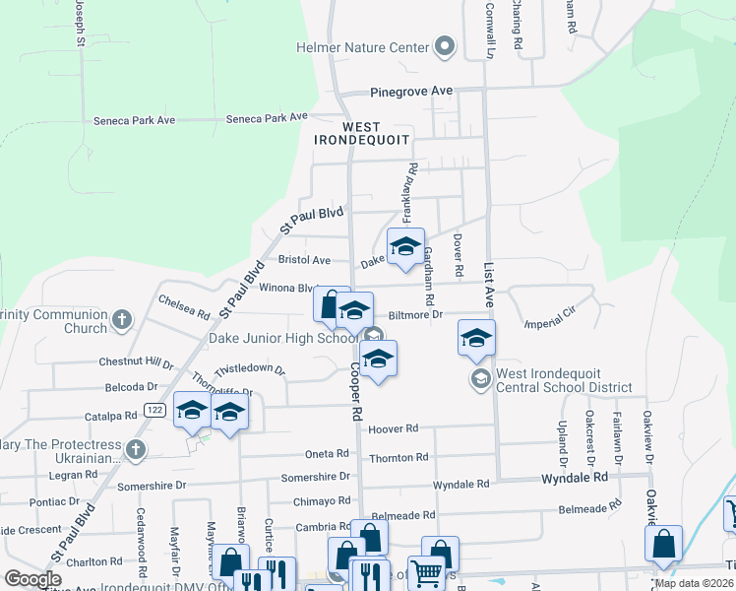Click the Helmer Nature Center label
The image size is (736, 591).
(363, 47)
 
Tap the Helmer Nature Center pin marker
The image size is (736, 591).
(445, 46)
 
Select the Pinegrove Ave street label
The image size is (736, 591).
(411, 92)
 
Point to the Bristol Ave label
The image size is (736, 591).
(304, 261)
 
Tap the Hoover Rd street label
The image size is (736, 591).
(394, 428)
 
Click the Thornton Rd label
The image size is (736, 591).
(399, 457)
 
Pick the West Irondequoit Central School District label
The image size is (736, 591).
(565, 380)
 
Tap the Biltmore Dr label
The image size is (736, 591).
(416, 315)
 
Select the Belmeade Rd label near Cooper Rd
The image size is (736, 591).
(402, 515)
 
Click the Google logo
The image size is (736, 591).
(32, 579)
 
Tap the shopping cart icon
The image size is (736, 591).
(426, 572)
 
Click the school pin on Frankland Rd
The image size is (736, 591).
(405, 247)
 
